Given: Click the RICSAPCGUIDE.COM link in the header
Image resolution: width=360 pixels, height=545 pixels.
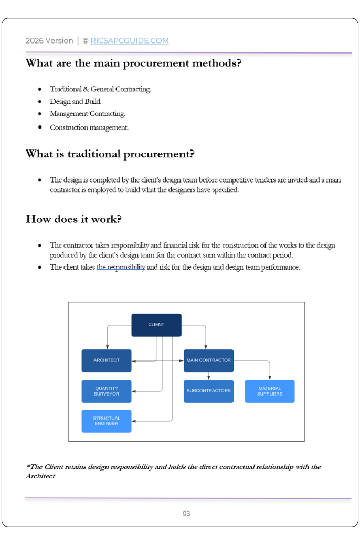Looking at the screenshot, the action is pos(130,41).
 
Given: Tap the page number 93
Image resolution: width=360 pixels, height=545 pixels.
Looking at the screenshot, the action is pos(186,514).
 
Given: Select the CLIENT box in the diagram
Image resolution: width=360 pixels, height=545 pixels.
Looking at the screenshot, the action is pos(156,325).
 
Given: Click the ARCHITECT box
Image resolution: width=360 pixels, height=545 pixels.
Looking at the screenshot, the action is pos(107,361).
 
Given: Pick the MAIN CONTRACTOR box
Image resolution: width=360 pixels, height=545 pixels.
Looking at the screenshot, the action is pos(209,361).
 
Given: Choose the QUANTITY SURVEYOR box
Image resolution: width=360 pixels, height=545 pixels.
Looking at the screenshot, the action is pos(107,391).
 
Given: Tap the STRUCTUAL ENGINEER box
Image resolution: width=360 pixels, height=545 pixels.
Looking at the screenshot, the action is pos(107,421).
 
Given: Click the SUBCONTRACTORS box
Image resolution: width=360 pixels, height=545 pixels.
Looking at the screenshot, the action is pos(209,391).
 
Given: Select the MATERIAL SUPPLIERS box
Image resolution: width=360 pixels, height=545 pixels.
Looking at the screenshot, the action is pos(270,391).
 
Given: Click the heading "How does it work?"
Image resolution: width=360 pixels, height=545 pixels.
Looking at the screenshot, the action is pos(74,219).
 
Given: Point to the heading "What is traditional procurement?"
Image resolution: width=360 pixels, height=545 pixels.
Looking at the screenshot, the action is pos(110,154).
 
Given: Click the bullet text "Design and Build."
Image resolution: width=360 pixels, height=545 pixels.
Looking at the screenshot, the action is pos(76,101).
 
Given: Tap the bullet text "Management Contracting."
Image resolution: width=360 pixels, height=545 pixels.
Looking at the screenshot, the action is pos(88,114).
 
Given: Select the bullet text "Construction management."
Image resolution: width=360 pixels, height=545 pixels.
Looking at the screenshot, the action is pos(89,127).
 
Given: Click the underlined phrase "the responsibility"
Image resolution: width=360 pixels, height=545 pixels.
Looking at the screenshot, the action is pos(121,268).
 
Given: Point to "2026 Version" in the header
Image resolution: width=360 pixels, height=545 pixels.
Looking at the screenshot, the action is pos(49,41).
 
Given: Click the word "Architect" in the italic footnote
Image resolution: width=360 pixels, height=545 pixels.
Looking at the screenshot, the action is pos(40,476).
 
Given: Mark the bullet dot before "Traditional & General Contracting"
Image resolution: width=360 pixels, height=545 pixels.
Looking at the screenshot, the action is pos(40,89).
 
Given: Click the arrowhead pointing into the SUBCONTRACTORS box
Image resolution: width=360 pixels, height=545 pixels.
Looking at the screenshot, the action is pos(209,378).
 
